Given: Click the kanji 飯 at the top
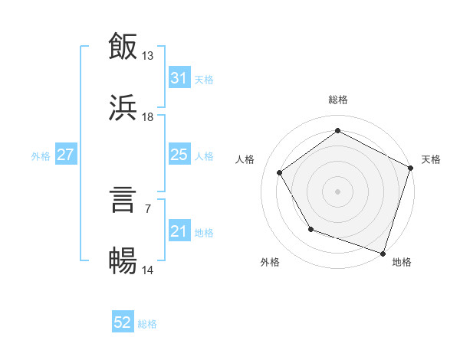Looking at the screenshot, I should click(x=123, y=47).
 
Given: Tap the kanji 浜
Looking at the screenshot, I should click(x=123, y=108).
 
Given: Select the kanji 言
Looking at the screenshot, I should click(x=123, y=200).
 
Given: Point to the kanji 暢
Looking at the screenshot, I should click(x=123, y=261).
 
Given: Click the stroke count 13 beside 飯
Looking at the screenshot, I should click(x=148, y=55).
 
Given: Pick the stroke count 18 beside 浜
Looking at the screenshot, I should click(x=148, y=116).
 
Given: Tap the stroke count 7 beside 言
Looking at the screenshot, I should click(x=148, y=208).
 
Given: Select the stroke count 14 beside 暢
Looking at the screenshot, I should click(x=148, y=270).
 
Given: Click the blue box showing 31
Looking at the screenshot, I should click(x=179, y=78).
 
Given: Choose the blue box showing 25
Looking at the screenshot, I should click(x=179, y=155).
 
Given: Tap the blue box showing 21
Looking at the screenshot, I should click(x=179, y=231).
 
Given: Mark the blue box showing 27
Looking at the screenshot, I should click(x=65, y=155).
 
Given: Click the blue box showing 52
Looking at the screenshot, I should click(x=123, y=323).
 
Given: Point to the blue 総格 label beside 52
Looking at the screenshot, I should click(x=147, y=324).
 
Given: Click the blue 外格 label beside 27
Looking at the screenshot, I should click(x=41, y=155).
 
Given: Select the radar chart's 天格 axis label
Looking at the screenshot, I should click(x=431, y=159).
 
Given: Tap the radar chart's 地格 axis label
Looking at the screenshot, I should click(x=402, y=262).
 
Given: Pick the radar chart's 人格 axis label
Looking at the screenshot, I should click(x=245, y=159).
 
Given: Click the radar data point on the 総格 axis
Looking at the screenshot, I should click(x=337, y=130).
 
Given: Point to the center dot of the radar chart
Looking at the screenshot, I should click(x=337, y=191).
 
